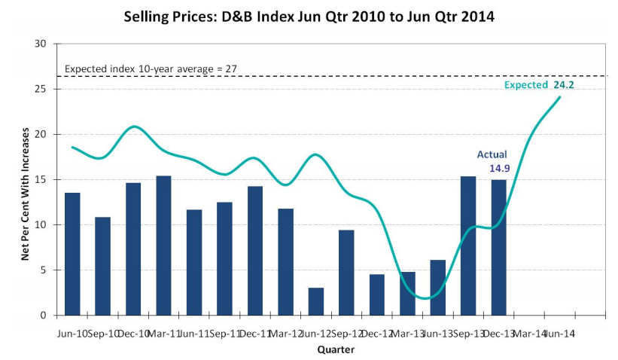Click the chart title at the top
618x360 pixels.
(309, 16)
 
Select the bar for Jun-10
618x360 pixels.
(72, 254)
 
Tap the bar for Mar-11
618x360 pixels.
(163, 246)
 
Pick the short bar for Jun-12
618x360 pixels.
(316, 301)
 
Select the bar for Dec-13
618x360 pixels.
(498, 247)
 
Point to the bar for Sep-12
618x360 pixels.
(346, 272)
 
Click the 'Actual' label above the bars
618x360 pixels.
(492, 154)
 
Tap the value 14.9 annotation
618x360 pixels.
(499, 168)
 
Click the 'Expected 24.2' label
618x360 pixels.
(539, 85)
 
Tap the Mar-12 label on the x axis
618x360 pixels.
(286, 332)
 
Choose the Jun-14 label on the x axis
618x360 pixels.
(559, 332)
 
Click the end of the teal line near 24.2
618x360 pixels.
(559, 96)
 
